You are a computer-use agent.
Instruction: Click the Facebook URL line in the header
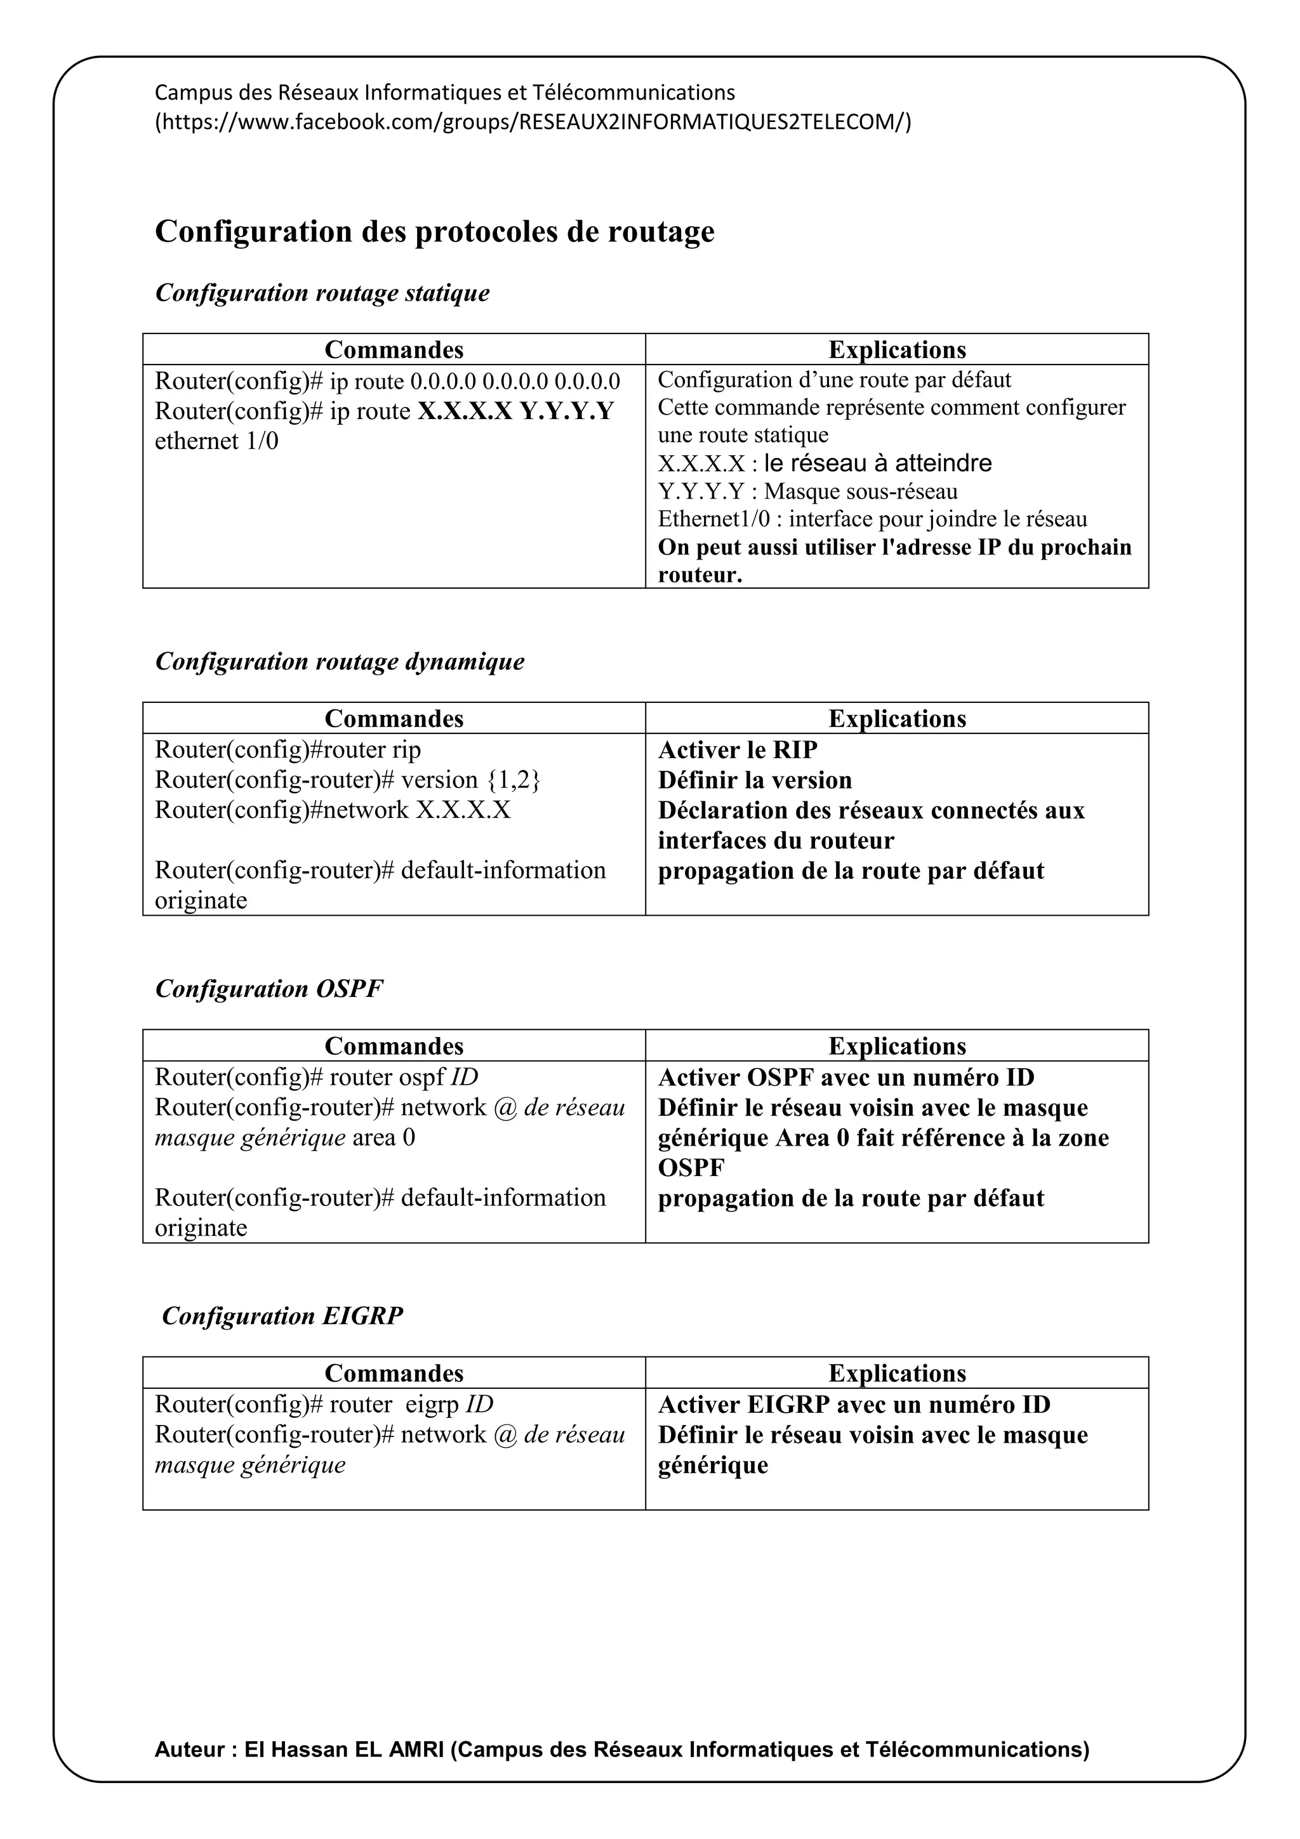pos(533,122)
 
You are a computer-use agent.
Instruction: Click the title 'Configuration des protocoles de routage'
pos(434,232)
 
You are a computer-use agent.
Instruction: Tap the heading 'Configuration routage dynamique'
pos(340,661)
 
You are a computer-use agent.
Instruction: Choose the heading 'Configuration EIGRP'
pos(282,1315)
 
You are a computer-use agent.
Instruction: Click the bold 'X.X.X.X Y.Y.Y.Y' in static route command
pos(515,411)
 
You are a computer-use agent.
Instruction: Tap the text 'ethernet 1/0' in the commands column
pos(216,441)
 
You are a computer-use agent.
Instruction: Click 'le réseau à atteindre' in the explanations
pos(877,463)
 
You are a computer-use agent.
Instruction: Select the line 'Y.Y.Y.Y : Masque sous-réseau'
pos(807,491)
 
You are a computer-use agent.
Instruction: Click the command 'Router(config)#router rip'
pos(288,750)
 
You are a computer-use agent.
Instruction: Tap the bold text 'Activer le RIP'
pos(737,750)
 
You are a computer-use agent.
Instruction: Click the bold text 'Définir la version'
pos(754,780)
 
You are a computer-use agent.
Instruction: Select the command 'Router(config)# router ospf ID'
pos(316,1077)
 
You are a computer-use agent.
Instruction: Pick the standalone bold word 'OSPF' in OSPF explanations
pos(690,1168)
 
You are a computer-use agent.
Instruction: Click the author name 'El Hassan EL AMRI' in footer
pos(344,1749)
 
